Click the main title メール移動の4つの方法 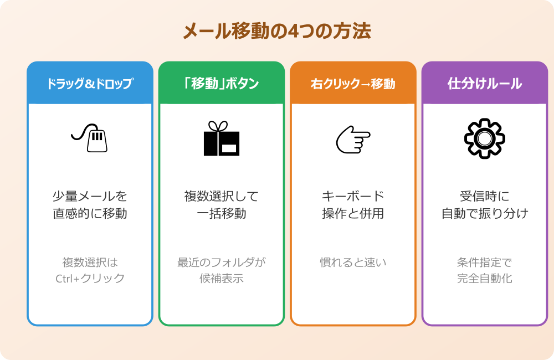[x=277, y=31]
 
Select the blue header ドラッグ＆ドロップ [x=90, y=84]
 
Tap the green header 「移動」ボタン [x=222, y=84]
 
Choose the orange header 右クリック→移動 [x=353, y=84]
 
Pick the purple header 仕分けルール [x=485, y=84]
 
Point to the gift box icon [x=222, y=138]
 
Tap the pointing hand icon [x=353, y=139]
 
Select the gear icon [x=485, y=138]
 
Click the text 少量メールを [x=90, y=196]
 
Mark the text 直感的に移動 [x=90, y=213]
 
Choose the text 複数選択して [x=222, y=196]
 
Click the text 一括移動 [x=222, y=213]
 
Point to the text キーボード [x=353, y=196]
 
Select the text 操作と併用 [x=353, y=213]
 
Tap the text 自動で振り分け [x=485, y=213]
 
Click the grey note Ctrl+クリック [x=90, y=278]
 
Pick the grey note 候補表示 [x=222, y=278]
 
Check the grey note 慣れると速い [x=353, y=262]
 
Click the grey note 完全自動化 [x=485, y=278]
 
